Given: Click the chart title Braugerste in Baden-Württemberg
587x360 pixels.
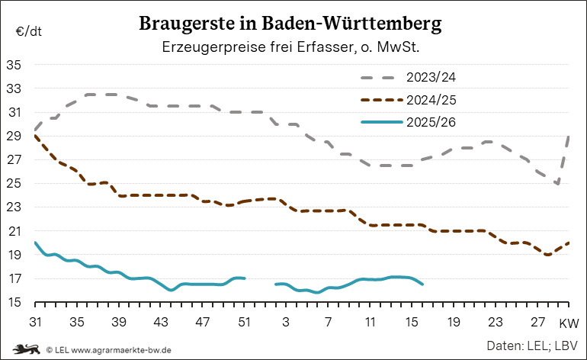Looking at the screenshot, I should (x=290, y=24).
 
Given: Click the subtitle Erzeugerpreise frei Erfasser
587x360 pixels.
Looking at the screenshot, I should (x=291, y=47).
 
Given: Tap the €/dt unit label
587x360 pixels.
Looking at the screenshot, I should (x=28, y=32).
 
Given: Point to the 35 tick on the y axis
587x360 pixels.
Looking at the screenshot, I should (x=14, y=65).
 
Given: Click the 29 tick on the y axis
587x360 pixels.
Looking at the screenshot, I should (x=14, y=137).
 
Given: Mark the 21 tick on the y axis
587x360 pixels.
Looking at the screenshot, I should (x=14, y=231).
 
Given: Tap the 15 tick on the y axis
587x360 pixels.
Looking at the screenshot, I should (x=14, y=303).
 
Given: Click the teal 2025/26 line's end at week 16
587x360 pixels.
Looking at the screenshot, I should (x=422, y=284).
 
